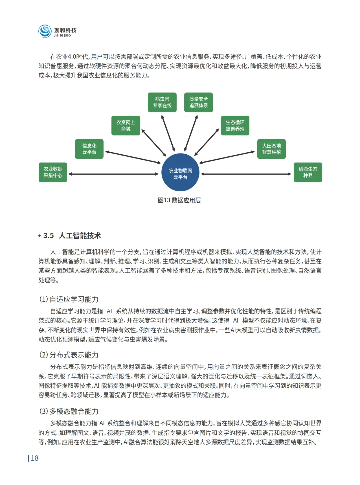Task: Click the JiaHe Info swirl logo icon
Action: pyautogui.click(x=45, y=31)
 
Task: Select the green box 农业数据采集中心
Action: pyautogui.click(x=53, y=172)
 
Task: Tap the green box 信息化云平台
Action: pyautogui.click(x=89, y=149)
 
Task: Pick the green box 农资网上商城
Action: pyautogui.click(x=126, y=126)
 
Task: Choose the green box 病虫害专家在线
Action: pyautogui.click(x=162, y=102)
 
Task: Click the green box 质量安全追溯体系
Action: pyautogui.click(x=199, y=102)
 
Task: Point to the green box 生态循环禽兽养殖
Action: pyautogui.click(x=235, y=126)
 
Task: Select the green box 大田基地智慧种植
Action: pyautogui.click(x=271, y=149)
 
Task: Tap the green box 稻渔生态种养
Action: pyautogui.click(x=308, y=172)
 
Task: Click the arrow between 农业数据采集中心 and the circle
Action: pyautogui.click(x=113, y=174)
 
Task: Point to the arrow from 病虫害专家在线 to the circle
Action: pyautogui.click(x=168, y=133)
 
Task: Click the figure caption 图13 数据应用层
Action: pyautogui.click(x=179, y=200)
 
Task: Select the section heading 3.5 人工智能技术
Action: pyautogui.click(x=72, y=236)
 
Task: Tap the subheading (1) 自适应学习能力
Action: pyautogui.click(x=69, y=299)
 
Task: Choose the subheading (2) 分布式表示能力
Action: pyautogui.click(x=69, y=355)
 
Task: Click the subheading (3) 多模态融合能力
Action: pyautogui.click(x=69, y=411)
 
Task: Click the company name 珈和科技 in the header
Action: pyautogui.click(x=65, y=30)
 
